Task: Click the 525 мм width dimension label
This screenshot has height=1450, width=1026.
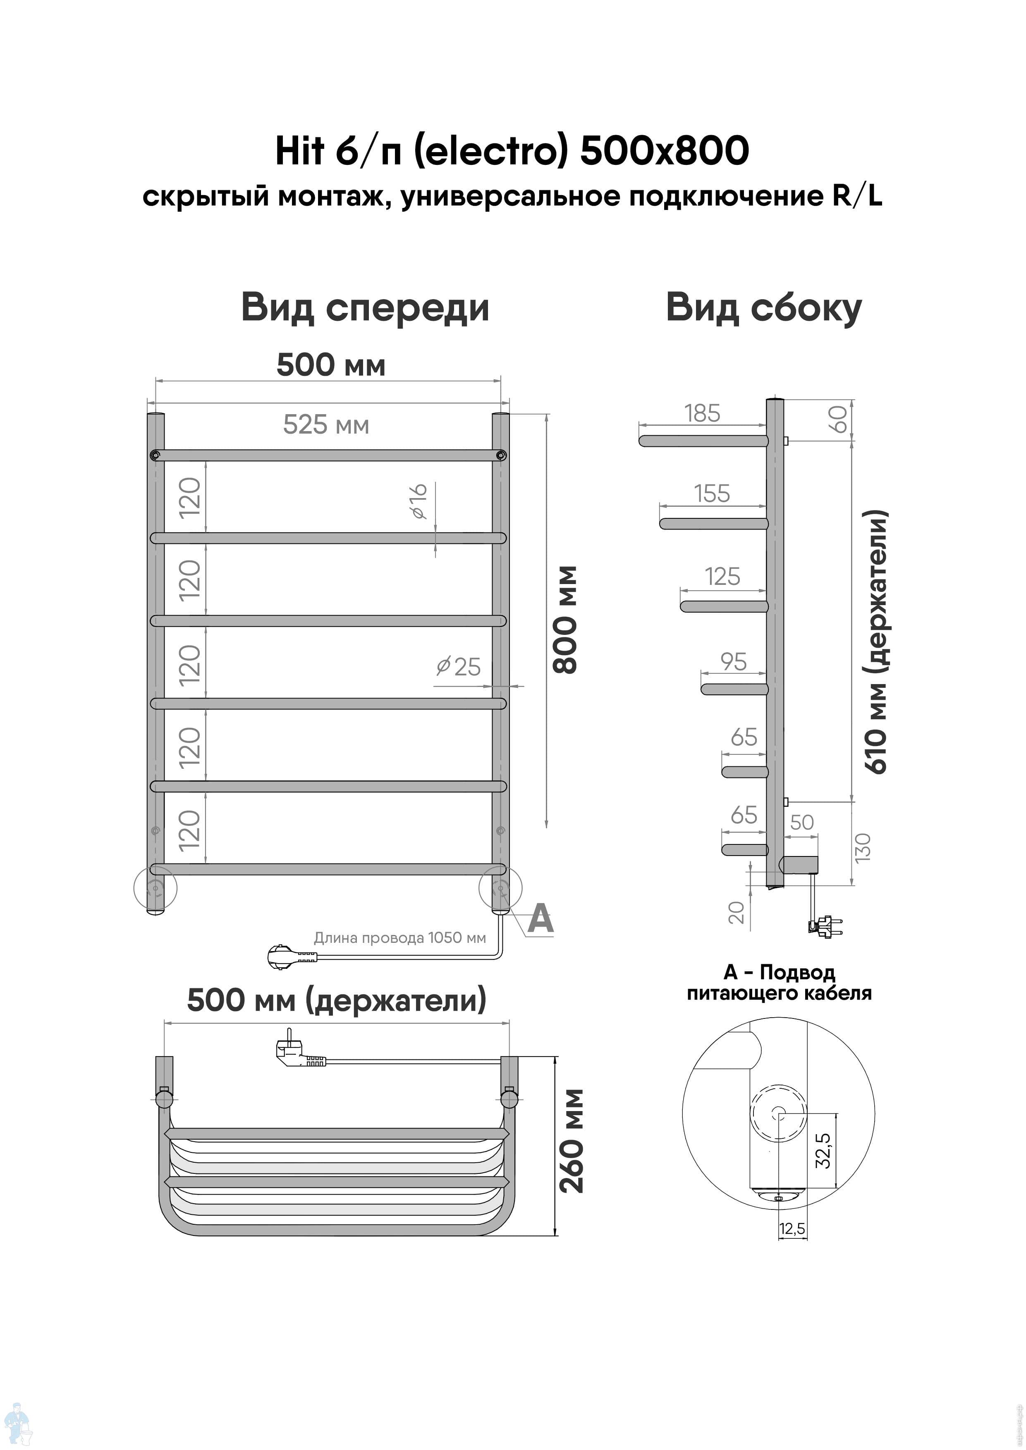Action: pos(326,425)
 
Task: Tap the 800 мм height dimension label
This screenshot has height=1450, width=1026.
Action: pos(565,620)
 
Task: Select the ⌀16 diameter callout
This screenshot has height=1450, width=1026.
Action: pos(419,501)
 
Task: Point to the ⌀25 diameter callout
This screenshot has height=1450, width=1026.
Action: pos(459,666)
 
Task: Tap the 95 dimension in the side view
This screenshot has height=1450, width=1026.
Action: pos(734,661)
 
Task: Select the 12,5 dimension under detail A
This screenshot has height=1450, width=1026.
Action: pos(792,1228)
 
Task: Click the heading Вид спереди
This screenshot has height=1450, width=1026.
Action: pos(365,309)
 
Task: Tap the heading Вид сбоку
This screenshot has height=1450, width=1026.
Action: pos(764,309)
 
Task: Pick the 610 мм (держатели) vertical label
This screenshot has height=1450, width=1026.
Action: pos(877,641)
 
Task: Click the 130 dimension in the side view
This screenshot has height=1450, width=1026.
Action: pos(862,847)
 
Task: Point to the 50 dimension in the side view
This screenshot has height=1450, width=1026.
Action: pos(802,822)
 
